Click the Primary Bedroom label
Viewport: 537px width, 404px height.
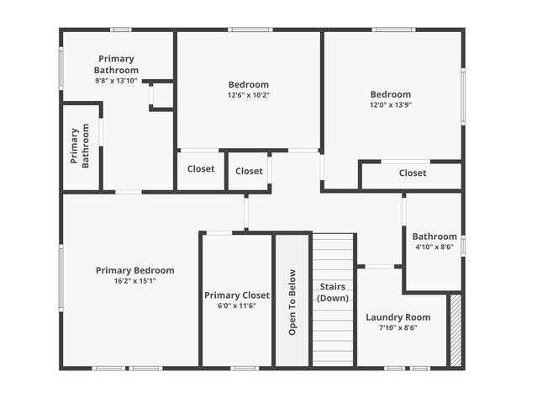[134, 270]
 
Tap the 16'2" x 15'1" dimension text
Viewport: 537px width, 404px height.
[134, 281]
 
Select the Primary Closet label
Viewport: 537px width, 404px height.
[237, 295]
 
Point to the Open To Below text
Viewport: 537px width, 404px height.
[292, 302]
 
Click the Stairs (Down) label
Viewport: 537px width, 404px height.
[334, 292]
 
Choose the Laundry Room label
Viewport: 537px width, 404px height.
[397, 317]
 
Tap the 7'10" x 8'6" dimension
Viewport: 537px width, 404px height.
[397, 328]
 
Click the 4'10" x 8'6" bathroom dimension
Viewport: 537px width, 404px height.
[434, 247]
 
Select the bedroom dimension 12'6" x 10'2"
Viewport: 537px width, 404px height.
[249, 95]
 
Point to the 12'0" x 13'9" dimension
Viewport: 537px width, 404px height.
[391, 105]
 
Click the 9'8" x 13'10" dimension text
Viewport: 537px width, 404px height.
[116, 81]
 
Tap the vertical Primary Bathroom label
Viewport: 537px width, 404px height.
[80, 147]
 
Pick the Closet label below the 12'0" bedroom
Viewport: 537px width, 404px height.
[413, 173]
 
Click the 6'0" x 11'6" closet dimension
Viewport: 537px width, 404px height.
[237, 306]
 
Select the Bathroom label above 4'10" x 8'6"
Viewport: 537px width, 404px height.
[434, 237]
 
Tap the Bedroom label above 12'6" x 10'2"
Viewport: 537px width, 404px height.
[249, 84]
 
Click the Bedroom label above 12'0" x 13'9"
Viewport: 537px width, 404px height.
[391, 94]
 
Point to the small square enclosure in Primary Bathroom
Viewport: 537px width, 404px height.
[161, 95]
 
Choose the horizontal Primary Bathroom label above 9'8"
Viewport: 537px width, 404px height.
[116, 64]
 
